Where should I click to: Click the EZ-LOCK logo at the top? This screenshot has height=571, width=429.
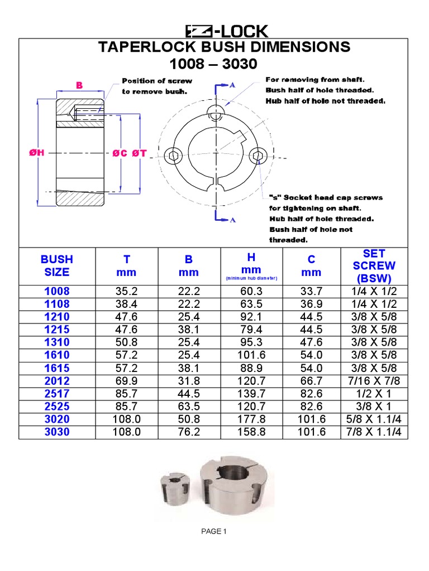(227, 31)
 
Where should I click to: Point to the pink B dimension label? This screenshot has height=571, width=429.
(79, 85)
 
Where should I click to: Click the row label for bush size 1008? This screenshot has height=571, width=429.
(57, 292)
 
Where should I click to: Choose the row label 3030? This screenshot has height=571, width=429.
(57, 432)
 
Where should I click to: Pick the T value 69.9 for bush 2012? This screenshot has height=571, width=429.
(127, 381)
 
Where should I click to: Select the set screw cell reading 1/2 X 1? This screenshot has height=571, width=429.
(374, 394)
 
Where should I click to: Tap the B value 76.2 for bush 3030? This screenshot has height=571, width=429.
(189, 432)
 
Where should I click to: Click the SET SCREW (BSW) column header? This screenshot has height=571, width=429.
(374, 266)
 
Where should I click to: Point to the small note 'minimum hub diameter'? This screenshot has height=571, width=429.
(251, 278)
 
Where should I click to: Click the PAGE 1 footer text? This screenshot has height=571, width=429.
(214, 531)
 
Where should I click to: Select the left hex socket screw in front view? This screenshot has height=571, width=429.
(172, 154)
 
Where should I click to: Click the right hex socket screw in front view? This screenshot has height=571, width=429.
(257, 154)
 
